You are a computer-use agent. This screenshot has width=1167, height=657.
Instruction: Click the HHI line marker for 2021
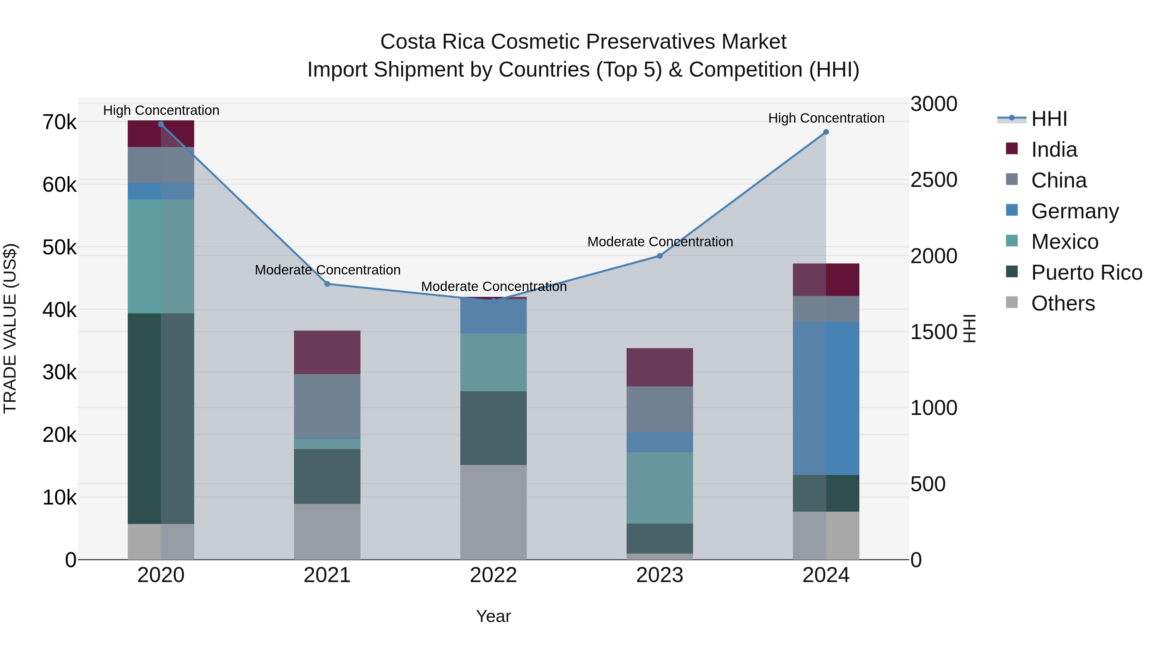[x=327, y=284]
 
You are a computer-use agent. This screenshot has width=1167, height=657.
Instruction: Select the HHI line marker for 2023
[x=660, y=256]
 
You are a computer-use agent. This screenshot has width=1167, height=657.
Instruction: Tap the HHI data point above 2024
[x=826, y=132]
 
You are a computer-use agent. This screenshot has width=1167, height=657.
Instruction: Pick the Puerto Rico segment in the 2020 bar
[x=161, y=418]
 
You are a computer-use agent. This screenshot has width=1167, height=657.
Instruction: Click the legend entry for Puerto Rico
[x=1086, y=273]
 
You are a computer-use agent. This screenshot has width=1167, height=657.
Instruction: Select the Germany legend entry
[x=1075, y=211]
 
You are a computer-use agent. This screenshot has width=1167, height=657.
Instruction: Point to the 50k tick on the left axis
[x=59, y=248]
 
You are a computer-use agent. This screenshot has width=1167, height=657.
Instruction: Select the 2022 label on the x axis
[x=493, y=575]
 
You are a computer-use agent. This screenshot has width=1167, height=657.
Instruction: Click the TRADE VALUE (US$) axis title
[x=10, y=328]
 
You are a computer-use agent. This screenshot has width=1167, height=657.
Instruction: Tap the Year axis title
[x=493, y=616]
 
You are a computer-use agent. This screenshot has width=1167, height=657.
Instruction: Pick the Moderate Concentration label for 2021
[x=327, y=270]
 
